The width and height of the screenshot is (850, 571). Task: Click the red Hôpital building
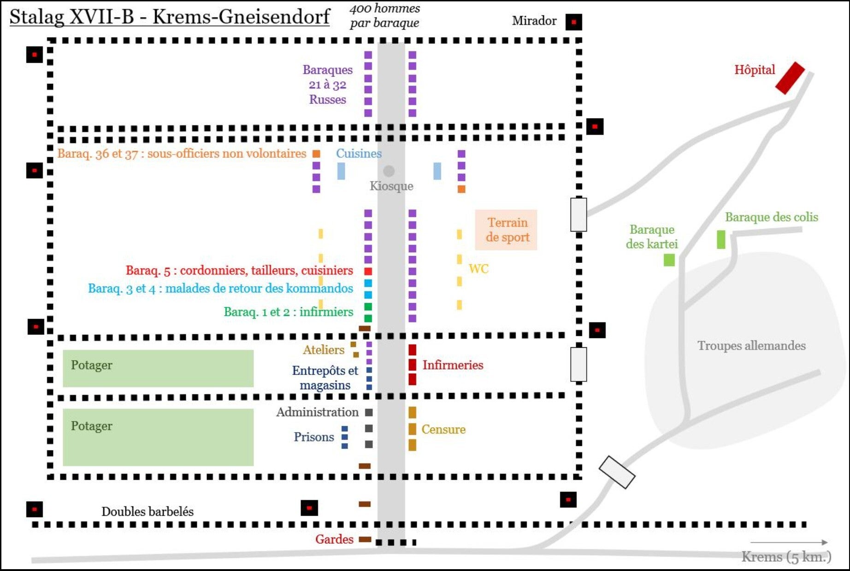point(790,78)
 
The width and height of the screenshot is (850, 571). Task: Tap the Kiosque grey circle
point(389,171)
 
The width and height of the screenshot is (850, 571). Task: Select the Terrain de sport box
point(506,230)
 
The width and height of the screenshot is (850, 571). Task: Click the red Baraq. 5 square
point(368,271)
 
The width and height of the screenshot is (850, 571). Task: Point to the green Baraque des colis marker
point(721,239)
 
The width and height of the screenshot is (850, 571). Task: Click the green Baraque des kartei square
point(669,260)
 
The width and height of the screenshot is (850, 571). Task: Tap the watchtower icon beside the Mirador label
point(573,22)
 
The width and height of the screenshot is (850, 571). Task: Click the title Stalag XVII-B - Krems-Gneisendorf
point(169,17)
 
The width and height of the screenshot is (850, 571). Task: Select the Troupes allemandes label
point(751,345)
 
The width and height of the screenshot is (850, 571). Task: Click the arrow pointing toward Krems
point(789,542)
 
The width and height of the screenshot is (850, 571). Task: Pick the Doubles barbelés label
point(147,511)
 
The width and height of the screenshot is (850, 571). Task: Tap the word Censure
point(443,429)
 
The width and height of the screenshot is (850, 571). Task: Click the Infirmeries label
point(453,365)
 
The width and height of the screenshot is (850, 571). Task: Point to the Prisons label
point(313,437)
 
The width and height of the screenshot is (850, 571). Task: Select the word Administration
point(317,412)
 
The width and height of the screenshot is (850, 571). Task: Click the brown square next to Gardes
point(365,539)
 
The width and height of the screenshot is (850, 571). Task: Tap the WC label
point(478,268)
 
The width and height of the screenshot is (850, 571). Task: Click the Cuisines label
point(359,154)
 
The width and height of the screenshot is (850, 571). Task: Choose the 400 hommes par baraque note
point(384,15)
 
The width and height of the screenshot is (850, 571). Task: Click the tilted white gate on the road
point(617,472)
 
